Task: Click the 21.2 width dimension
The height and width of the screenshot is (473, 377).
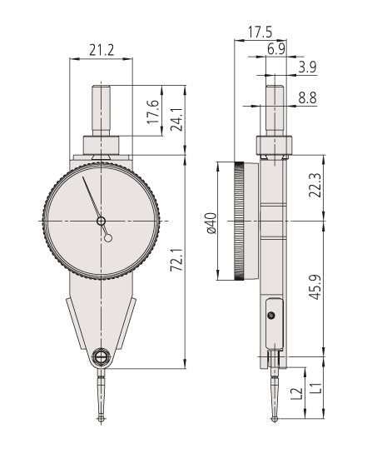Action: point(102,50)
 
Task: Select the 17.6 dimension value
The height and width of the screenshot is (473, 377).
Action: point(153,112)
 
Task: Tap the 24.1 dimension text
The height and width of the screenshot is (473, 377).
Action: point(176,119)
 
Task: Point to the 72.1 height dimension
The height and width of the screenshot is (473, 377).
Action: point(176,260)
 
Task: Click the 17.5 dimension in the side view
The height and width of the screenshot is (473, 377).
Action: point(260,32)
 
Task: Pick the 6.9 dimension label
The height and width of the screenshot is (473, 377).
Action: point(275,49)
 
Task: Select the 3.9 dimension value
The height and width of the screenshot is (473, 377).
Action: point(307,67)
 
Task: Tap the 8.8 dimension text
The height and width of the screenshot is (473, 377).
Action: point(307,98)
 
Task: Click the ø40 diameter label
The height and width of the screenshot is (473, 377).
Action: point(211,223)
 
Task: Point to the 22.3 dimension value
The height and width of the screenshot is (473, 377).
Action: point(315,185)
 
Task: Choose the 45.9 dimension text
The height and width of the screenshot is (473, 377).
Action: point(315,287)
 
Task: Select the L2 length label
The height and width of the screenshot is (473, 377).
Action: point(296,393)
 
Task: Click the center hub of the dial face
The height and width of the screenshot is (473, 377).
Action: point(101,222)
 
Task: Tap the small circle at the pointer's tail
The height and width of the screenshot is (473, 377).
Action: point(108,238)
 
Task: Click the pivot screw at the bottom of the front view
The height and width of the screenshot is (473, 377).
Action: point(101,357)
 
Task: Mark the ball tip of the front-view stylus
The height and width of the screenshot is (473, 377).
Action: point(101,419)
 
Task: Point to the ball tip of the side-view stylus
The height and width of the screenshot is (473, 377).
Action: point(275,419)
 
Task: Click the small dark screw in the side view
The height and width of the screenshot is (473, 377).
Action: point(271,316)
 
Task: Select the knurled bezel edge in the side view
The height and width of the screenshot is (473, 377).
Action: point(240,222)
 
